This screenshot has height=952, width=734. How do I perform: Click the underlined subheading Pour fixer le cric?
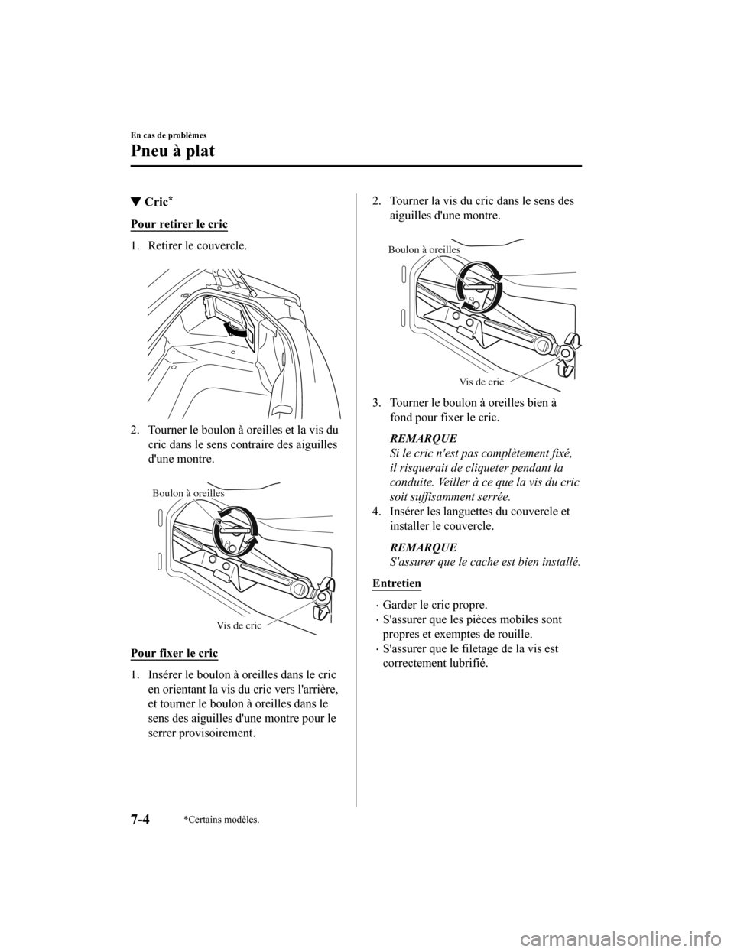point(174,653)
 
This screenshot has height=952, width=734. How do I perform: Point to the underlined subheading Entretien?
point(396,583)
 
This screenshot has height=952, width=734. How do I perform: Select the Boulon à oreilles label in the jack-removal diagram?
point(188,493)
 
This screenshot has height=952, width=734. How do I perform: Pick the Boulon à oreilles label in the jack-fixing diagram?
point(424,249)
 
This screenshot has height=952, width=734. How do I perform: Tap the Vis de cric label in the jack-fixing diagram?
point(482,381)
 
